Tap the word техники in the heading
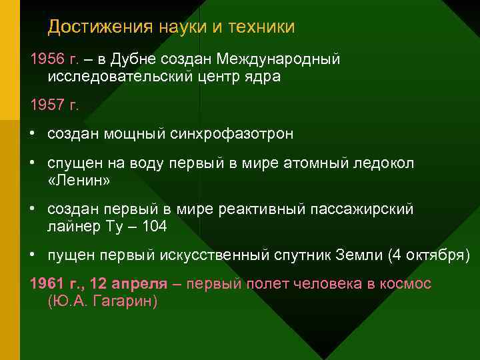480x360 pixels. (x=261, y=27)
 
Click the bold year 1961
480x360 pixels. (x=46, y=284)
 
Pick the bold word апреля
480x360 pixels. (x=141, y=284)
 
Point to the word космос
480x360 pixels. (x=407, y=284)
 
